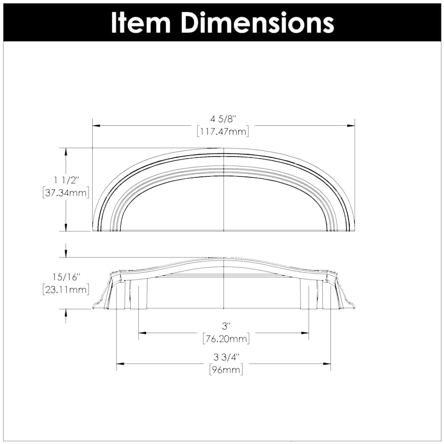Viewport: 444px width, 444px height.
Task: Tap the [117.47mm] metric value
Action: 222,131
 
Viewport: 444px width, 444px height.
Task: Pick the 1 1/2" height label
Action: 66,181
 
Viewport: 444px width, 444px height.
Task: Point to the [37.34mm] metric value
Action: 66,193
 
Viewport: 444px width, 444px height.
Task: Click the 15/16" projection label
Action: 66,276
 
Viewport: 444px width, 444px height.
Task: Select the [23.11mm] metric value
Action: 66,289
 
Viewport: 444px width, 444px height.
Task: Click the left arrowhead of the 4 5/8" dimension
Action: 96,125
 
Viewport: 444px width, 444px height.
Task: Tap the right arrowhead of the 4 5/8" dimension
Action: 351,125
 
